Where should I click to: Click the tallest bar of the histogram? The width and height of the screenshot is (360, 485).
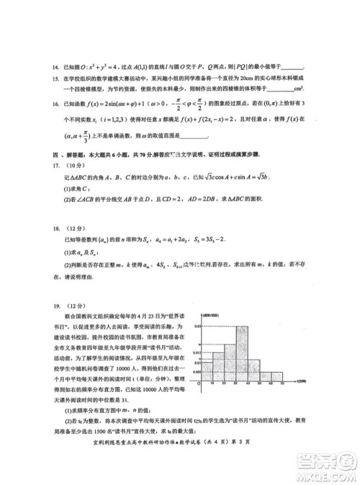coord(243,352)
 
